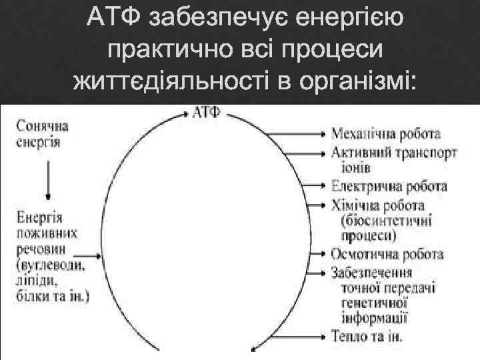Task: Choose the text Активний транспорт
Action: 394,153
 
